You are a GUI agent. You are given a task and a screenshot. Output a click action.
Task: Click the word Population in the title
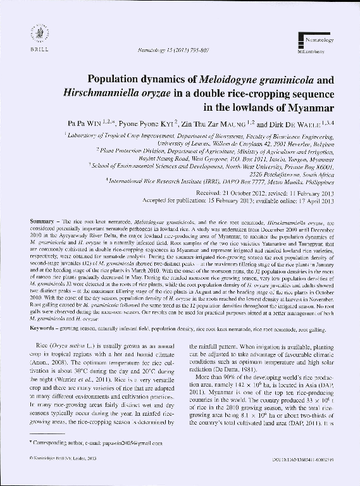coord(115,80)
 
